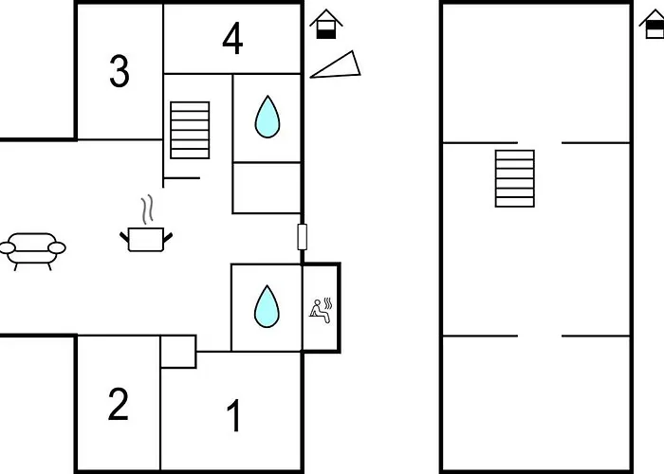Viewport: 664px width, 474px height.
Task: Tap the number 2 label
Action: (x=118, y=405)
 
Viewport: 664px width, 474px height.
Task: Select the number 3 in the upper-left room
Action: (x=119, y=71)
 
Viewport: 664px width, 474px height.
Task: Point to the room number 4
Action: (x=232, y=39)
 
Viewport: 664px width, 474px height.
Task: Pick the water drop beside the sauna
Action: (x=267, y=306)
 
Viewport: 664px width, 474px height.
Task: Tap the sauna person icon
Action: (x=321, y=310)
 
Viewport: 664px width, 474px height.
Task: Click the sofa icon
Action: (x=33, y=249)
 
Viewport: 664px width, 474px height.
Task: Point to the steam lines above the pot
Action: (x=146, y=209)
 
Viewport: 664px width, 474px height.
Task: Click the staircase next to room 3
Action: (x=190, y=130)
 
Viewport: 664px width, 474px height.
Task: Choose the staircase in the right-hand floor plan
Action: (x=514, y=178)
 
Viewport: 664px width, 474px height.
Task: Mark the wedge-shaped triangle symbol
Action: (x=338, y=65)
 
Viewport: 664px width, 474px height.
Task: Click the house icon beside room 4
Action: (x=325, y=24)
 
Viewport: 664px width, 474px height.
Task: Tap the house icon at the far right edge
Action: (x=654, y=23)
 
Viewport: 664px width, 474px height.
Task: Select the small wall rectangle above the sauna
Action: (x=303, y=237)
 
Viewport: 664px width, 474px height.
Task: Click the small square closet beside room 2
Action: (x=178, y=352)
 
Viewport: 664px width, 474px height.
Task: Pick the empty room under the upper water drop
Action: (x=267, y=188)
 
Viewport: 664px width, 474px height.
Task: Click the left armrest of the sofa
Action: (x=8, y=248)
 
